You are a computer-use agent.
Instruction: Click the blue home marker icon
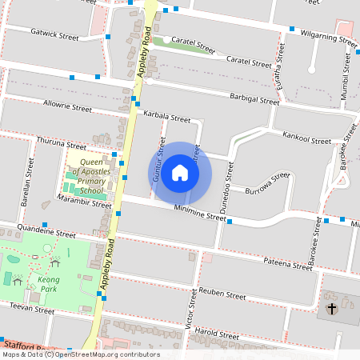pyautogui.click(x=180, y=173)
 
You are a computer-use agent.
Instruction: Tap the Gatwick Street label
pyautogui.click(x=54, y=37)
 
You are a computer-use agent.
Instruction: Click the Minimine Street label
pyautogui.click(x=201, y=214)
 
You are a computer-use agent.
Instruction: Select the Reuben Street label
pyautogui.click(x=222, y=294)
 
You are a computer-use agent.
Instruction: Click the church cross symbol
pyautogui.click(x=332, y=308)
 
